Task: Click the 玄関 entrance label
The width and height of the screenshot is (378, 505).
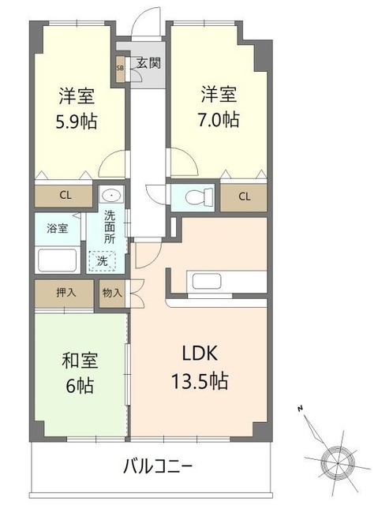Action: [x=144, y=63]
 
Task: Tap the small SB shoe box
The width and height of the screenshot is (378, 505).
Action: [x=120, y=69]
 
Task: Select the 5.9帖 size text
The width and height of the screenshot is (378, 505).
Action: [x=77, y=122]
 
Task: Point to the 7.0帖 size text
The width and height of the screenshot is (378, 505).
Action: [x=219, y=121]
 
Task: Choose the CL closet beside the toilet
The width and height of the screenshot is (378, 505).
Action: [x=244, y=196]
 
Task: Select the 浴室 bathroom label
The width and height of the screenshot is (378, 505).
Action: [x=56, y=228]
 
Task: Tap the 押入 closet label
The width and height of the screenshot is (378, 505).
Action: [x=65, y=293]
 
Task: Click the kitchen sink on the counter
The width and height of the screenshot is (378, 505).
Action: [x=207, y=280]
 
